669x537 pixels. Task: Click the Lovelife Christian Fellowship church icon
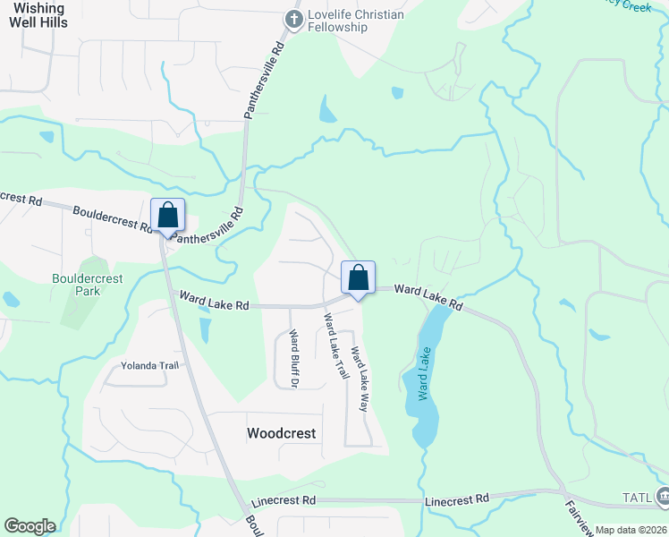pos(292,19)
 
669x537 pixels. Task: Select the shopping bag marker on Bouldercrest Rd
pos(167,216)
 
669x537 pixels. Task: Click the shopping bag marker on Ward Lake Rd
pos(358,278)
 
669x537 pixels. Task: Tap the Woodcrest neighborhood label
pos(281,433)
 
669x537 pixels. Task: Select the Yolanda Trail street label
pos(150,365)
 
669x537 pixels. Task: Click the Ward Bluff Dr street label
pos(292,357)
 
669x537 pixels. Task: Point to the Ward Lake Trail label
pos(335,345)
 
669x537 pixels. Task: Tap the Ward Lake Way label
pos(360,378)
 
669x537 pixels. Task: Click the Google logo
pos(30,526)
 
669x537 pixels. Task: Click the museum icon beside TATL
pos(663,496)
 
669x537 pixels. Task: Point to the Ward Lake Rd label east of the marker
pos(428,297)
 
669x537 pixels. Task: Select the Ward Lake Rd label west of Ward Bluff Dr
pos(214,301)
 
